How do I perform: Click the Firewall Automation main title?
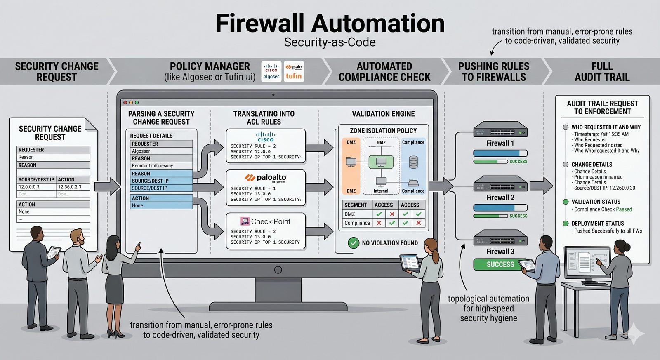tap(330, 24)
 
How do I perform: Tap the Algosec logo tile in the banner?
tap(271, 71)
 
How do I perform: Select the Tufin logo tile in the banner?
tap(294, 71)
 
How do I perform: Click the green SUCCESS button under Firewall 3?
tap(500, 264)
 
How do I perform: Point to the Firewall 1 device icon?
tap(500, 129)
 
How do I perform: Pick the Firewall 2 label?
tap(500, 198)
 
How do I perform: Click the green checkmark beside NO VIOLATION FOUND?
tap(354, 243)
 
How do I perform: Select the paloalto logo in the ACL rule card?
tap(266, 178)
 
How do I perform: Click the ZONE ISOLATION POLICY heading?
tap(383, 131)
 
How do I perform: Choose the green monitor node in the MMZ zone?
tap(381, 162)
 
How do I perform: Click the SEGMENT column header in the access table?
tap(356, 205)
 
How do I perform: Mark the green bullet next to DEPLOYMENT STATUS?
tap(566, 224)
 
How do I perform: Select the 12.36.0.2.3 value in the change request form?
tap(70, 187)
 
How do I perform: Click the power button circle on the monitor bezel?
tap(278, 270)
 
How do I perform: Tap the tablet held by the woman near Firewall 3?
tap(410, 262)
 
